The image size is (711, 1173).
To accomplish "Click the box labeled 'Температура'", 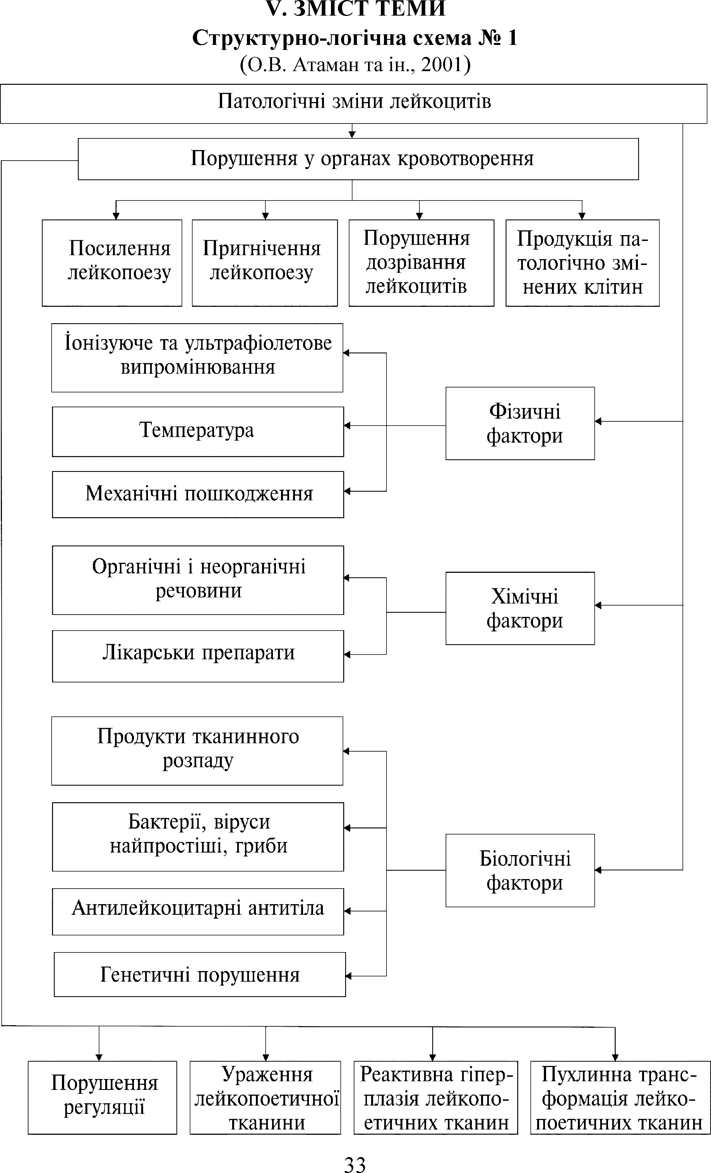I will click(198, 431).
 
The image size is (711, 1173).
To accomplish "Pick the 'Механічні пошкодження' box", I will click(198, 494).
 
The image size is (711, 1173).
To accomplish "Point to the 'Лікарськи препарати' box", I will click(198, 656).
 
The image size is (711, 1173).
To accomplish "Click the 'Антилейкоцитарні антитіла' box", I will click(198, 911).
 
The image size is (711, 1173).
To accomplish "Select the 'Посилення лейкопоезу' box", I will click(112, 262).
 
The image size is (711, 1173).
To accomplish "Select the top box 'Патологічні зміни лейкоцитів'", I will click(354, 103).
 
